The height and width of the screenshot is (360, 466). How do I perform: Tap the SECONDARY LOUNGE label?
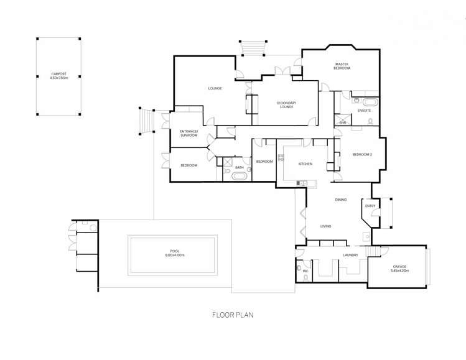point(286,104)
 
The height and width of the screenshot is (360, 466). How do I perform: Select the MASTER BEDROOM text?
point(342,65)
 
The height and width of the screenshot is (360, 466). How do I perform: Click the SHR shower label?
point(343,122)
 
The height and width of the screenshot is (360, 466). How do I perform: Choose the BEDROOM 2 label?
point(362,154)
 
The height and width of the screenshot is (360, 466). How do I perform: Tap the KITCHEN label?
point(305,164)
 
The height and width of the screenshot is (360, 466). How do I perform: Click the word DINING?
point(340,200)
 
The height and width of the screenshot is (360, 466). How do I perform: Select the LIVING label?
point(325,226)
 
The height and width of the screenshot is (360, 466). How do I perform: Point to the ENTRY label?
point(370,206)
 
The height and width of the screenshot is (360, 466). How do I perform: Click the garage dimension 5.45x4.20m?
point(398,270)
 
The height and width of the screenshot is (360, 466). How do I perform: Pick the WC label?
point(305,271)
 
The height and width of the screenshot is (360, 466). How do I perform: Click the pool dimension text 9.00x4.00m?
point(174,255)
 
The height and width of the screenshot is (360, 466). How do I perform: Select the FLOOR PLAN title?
point(233,315)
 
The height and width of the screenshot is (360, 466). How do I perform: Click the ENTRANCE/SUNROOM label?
point(189,133)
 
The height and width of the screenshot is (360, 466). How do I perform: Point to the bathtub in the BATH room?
point(239,176)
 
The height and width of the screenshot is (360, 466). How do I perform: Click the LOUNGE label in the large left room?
point(215,88)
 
